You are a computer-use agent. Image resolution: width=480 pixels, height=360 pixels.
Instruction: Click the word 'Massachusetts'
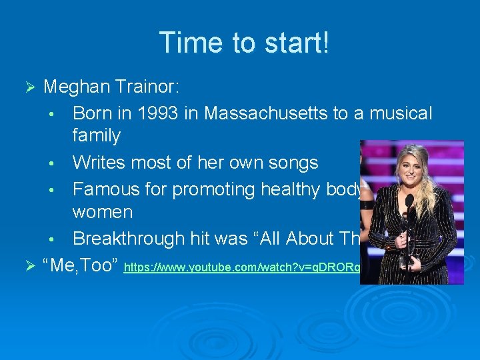pyautogui.click(x=267, y=113)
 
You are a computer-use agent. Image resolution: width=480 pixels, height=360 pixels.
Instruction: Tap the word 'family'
pyautogui.click(x=96, y=136)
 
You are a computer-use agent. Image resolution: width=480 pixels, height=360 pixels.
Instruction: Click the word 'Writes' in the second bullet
pyautogui.click(x=99, y=163)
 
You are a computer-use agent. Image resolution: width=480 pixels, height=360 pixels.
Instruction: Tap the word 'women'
pyautogui.click(x=103, y=213)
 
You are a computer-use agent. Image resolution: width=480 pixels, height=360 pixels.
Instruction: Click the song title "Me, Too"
pyautogui.click(x=80, y=266)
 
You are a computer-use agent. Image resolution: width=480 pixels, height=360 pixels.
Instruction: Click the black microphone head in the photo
pyautogui.click(x=409, y=200)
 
